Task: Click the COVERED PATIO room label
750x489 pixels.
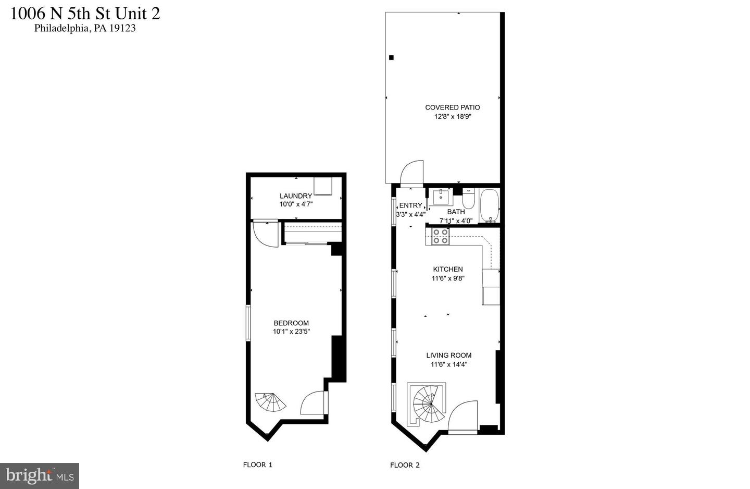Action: pyautogui.click(x=452, y=107)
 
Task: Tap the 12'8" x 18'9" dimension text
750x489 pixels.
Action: pyautogui.click(x=453, y=117)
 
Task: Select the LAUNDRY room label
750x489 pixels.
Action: pyautogui.click(x=296, y=195)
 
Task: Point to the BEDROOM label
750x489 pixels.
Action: pyautogui.click(x=291, y=323)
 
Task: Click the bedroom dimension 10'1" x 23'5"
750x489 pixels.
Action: pyautogui.click(x=291, y=332)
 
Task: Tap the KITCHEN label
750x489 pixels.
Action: pyautogui.click(x=448, y=269)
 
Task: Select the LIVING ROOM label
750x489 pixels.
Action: pyautogui.click(x=448, y=355)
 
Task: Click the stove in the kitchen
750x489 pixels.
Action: pyautogui.click(x=440, y=236)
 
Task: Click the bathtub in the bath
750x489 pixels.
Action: pyautogui.click(x=490, y=205)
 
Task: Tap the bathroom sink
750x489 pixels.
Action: pyautogui.click(x=441, y=197)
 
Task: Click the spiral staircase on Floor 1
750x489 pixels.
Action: pyautogui.click(x=270, y=402)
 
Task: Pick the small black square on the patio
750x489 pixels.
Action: pyautogui.click(x=391, y=58)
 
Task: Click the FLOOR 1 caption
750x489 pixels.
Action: pyautogui.click(x=257, y=465)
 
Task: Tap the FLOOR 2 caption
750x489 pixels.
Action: pyautogui.click(x=405, y=465)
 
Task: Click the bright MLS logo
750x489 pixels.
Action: pyautogui.click(x=40, y=476)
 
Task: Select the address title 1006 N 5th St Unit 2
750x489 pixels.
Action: pyautogui.click(x=85, y=14)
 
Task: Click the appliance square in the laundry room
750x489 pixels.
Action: pyautogui.click(x=323, y=186)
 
